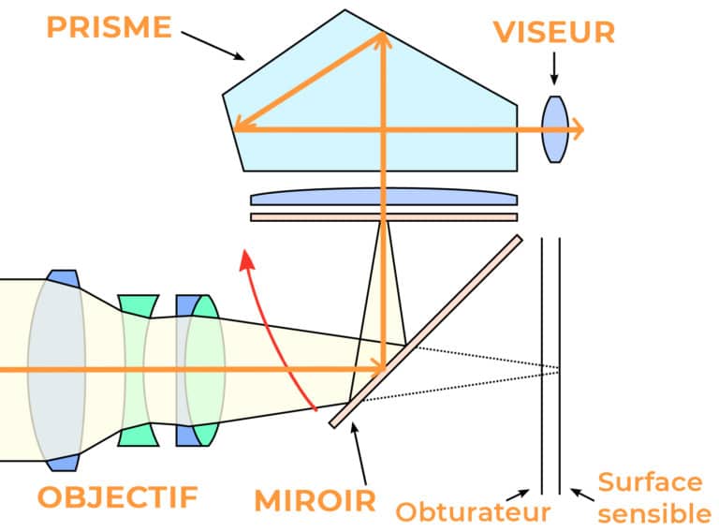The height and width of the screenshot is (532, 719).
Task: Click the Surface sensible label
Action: click(x=649, y=497)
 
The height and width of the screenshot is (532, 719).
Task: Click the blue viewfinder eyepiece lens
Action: click(x=556, y=130)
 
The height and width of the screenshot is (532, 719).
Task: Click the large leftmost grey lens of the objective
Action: click(x=56, y=371)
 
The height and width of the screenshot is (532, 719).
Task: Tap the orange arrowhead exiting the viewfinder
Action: click(x=579, y=130)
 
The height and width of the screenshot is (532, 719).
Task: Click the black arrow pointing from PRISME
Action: click(x=212, y=44)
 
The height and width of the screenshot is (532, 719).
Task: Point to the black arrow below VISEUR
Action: click(x=554, y=68)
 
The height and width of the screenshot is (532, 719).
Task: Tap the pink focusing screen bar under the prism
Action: click(x=384, y=216)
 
